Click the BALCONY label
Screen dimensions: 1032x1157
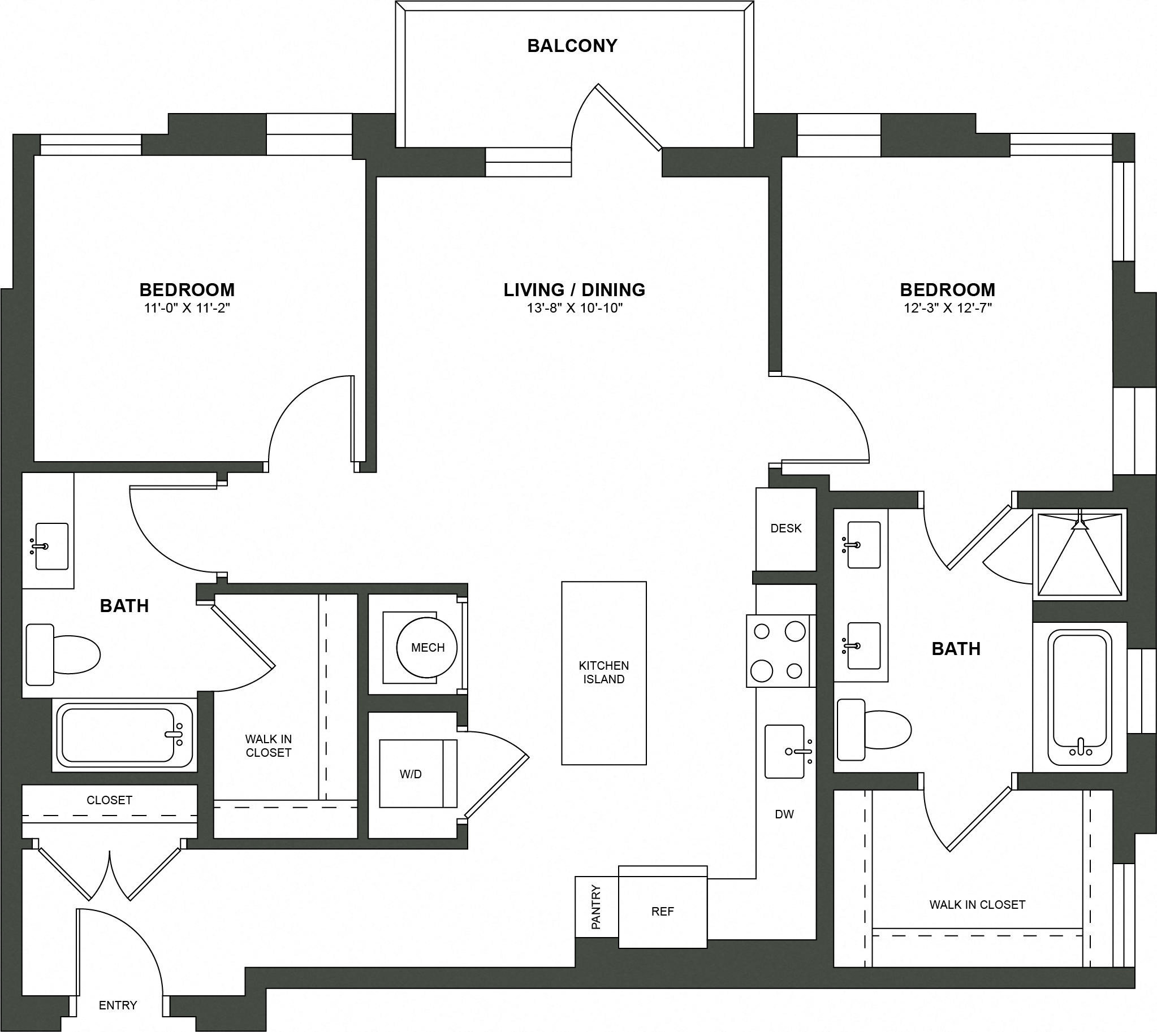click(x=572, y=46)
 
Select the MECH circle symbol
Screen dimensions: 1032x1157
click(x=428, y=647)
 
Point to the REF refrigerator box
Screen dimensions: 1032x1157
click(x=662, y=911)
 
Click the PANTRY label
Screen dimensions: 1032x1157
click(x=596, y=907)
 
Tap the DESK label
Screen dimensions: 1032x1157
click(x=786, y=528)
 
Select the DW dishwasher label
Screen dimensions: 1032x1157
click(x=784, y=814)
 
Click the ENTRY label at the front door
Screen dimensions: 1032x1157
click(x=118, y=1005)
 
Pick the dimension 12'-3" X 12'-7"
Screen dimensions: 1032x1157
click(x=948, y=309)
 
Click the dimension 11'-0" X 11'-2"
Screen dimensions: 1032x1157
click(x=187, y=309)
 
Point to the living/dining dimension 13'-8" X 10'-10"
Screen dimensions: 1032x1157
click(x=574, y=309)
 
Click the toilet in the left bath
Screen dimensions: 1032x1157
click(x=62, y=654)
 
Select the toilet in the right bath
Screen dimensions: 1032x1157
click(x=873, y=729)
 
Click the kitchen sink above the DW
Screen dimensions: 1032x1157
click(x=785, y=751)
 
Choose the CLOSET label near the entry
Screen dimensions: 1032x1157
click(x=109, y=800)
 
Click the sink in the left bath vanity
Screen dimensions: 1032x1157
click(x=51, y=546)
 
